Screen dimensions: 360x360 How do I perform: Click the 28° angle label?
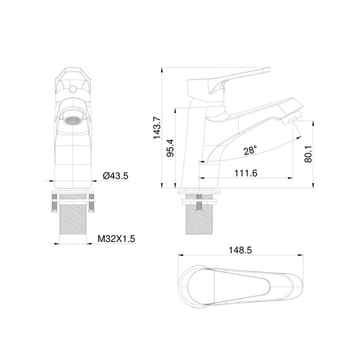[x=250, y=150]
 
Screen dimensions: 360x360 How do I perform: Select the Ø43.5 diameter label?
[x=115, y=176]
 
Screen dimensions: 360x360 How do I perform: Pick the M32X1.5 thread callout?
[x=117, y=239]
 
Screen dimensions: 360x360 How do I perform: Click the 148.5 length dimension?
[x=240, y=250]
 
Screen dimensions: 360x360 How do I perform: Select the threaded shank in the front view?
[x=73, y=221]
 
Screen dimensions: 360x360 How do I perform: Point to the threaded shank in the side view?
[x=200, y=221]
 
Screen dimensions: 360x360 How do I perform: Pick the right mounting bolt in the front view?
[x=92, y=204]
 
